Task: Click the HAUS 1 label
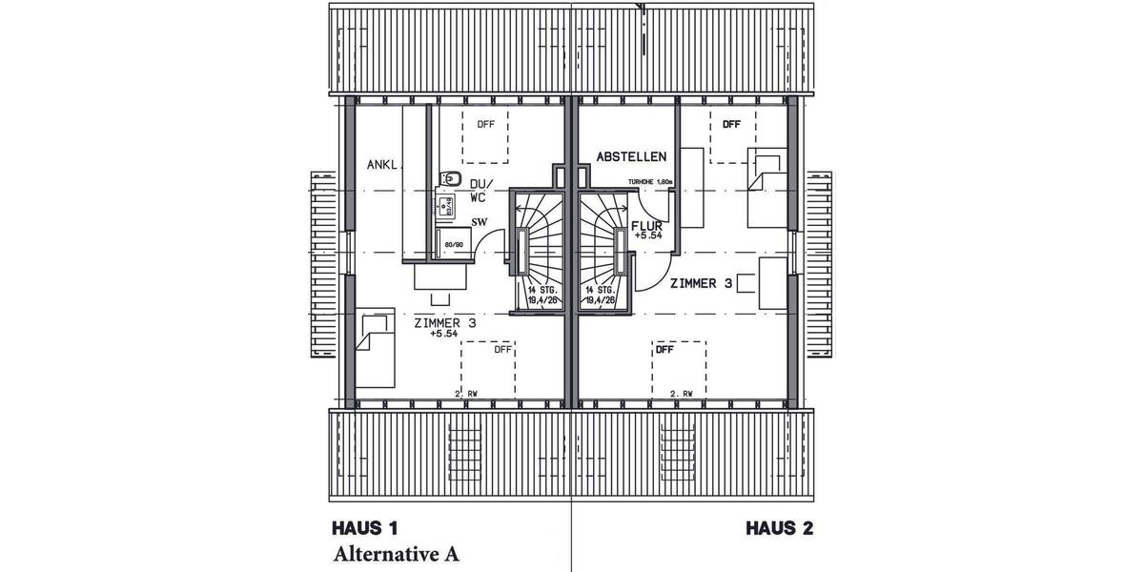(364, 528)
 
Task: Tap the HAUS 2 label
(779, 528)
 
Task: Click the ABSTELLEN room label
(631, 156)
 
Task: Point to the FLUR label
(646, 226)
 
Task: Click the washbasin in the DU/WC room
(444, 201)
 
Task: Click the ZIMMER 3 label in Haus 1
(445, 323)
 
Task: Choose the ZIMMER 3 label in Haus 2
(701, 283)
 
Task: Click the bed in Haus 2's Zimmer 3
(766, 188)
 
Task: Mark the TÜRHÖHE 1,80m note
(650, 181)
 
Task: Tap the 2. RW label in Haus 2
(681, 393)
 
